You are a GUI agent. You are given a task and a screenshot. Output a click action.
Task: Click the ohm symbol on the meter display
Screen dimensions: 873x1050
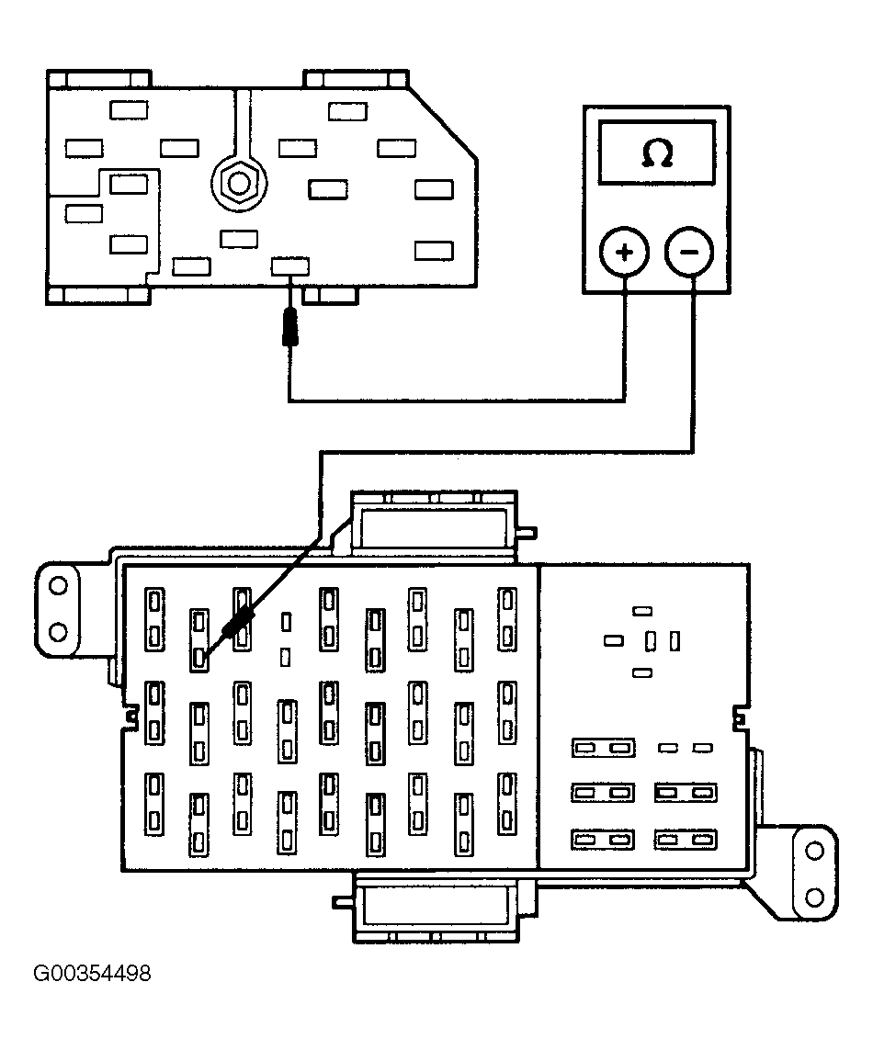pyautogui.click(x=657, y=152)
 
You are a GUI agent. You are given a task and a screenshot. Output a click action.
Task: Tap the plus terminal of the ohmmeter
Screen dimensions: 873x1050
pyautogui.click(x=624, y=253)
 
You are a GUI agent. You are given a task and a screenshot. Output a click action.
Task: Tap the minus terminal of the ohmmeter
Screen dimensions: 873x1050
pyautogui.click(x=689, y=253)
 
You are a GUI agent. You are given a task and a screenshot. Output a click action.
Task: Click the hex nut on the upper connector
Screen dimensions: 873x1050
pyautogui.click(x=239, y=182)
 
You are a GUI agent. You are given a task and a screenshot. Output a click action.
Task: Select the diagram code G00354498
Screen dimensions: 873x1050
pyautogui.click(x=93, y=973)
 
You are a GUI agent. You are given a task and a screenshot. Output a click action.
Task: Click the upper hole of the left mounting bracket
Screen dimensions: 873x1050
pyautogui.click(x=58, y=586)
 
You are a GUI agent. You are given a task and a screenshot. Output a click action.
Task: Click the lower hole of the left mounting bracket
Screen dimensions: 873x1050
pyautogui.click(x=58, y=631)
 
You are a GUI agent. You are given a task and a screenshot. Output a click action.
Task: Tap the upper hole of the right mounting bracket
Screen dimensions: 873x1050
pyautogui.click(x=814, y=852)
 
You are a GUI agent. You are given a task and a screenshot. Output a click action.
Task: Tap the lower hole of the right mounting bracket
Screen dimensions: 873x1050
pyautogui.click(x=814, y=897)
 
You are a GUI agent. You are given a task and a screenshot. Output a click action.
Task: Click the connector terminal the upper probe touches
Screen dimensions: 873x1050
pyautogui.click(x=290, y=266)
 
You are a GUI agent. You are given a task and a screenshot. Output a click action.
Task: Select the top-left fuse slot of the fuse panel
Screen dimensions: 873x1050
pyautogui.click(x=154, y=619)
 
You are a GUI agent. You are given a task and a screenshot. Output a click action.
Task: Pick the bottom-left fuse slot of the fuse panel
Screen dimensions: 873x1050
pyautogui.click(x=154, y=804)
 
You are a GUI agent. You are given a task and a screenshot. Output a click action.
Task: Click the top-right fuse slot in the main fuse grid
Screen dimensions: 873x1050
pyautogui.click(x=507, y=619)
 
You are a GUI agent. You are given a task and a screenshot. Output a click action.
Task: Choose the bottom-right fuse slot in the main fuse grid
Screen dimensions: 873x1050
pyautogui.click(x=507, y=804)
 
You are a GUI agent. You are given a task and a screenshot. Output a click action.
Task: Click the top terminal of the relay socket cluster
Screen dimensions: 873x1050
pyautogui.click(x=642, y=611)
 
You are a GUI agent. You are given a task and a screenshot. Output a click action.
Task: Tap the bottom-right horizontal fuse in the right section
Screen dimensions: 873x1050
pyautogui.click(x=686, y=839)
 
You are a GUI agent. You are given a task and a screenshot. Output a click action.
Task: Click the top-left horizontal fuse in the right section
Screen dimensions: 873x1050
pyautogui.click(x=603, y=748)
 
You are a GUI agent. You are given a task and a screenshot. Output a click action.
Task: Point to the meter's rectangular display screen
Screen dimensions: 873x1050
pyautogui.click(x=657, y=152)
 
